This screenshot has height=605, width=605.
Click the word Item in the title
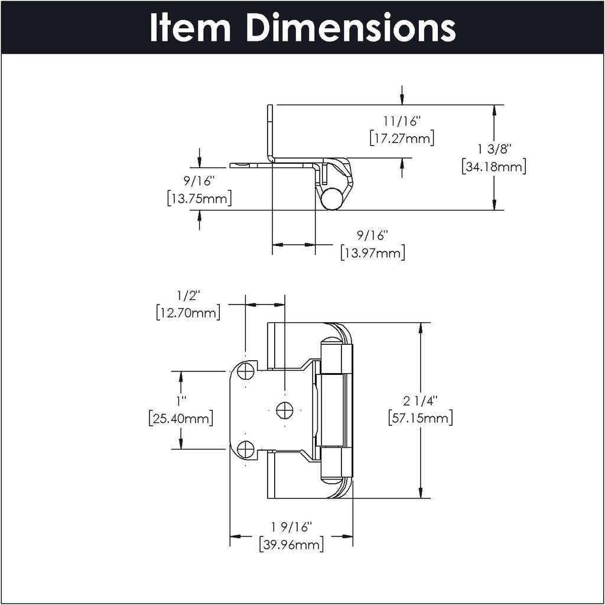pyautogui.click(x=191, y=27)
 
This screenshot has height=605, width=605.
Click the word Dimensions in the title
pyautogui.click(x=351, y=27)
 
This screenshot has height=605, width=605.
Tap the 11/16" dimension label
pyautogui.click(x=402, y=122)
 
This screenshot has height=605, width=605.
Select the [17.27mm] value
pyautogui.click(x=402, y=139)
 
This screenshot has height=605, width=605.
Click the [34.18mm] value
pyautogui.click(x=493, y=167)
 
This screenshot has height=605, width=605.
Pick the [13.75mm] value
pyautogui.click(x=199, y=199)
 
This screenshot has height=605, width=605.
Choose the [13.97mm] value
pyautogui.click(x=372, y=253)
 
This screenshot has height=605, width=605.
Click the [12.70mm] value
pyautogui.click(x=188, y=312)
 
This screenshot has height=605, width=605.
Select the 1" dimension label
pyautogui.click(x=181, y=401)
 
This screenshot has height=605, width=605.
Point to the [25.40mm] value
pyautogui.click(x=180, y=419)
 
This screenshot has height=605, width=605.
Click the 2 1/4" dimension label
pyautogui.click(x=420, y=401)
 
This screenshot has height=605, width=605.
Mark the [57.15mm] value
pyautogui.click(x=420, y=419)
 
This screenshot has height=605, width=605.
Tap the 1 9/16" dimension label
pyautogui.click(x=291, y=526)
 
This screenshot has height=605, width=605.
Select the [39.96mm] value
pyautogui.click(x=291, y=544)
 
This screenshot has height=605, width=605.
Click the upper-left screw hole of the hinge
pyautogui.click(x=246, y=371)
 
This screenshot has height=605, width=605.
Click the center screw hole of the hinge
pyautogui.click(x=285, y=409)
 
